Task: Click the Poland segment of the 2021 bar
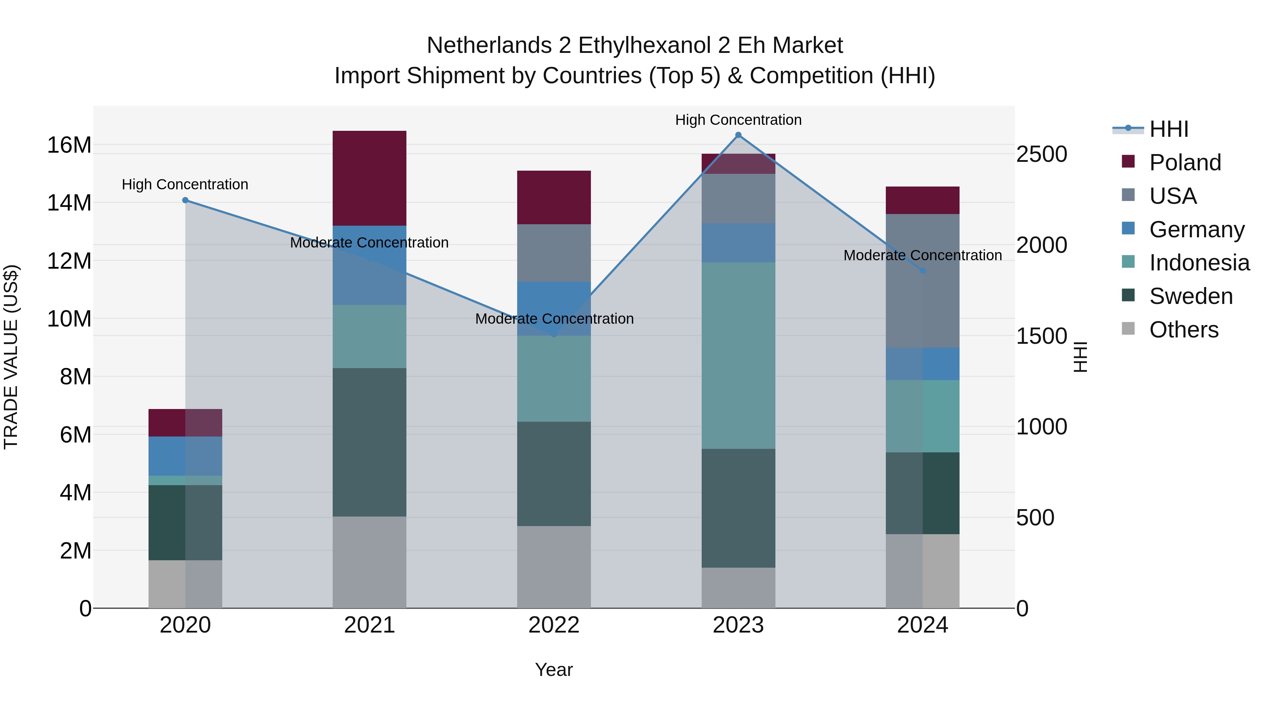pos(369,178)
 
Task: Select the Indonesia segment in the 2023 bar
pos(738,355)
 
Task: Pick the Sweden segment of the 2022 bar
pos(554,474)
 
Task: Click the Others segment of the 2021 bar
pos(369,562)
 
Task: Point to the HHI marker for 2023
pos(738,135)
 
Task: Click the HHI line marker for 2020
pos(185,200)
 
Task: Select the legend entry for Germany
pos(1197,230)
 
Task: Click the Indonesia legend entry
pos(1199,263)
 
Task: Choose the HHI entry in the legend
pos(1168,129)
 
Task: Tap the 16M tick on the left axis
pos(69,145)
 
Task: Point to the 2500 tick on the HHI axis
pos(1041,154)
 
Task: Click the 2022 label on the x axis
pos(554,625)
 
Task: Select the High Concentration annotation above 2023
pos(738,120)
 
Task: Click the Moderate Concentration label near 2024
pos(923,255)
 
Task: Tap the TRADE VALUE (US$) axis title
pos(11,357)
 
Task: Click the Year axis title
pos(554,670)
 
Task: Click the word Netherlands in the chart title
pos(489,45)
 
